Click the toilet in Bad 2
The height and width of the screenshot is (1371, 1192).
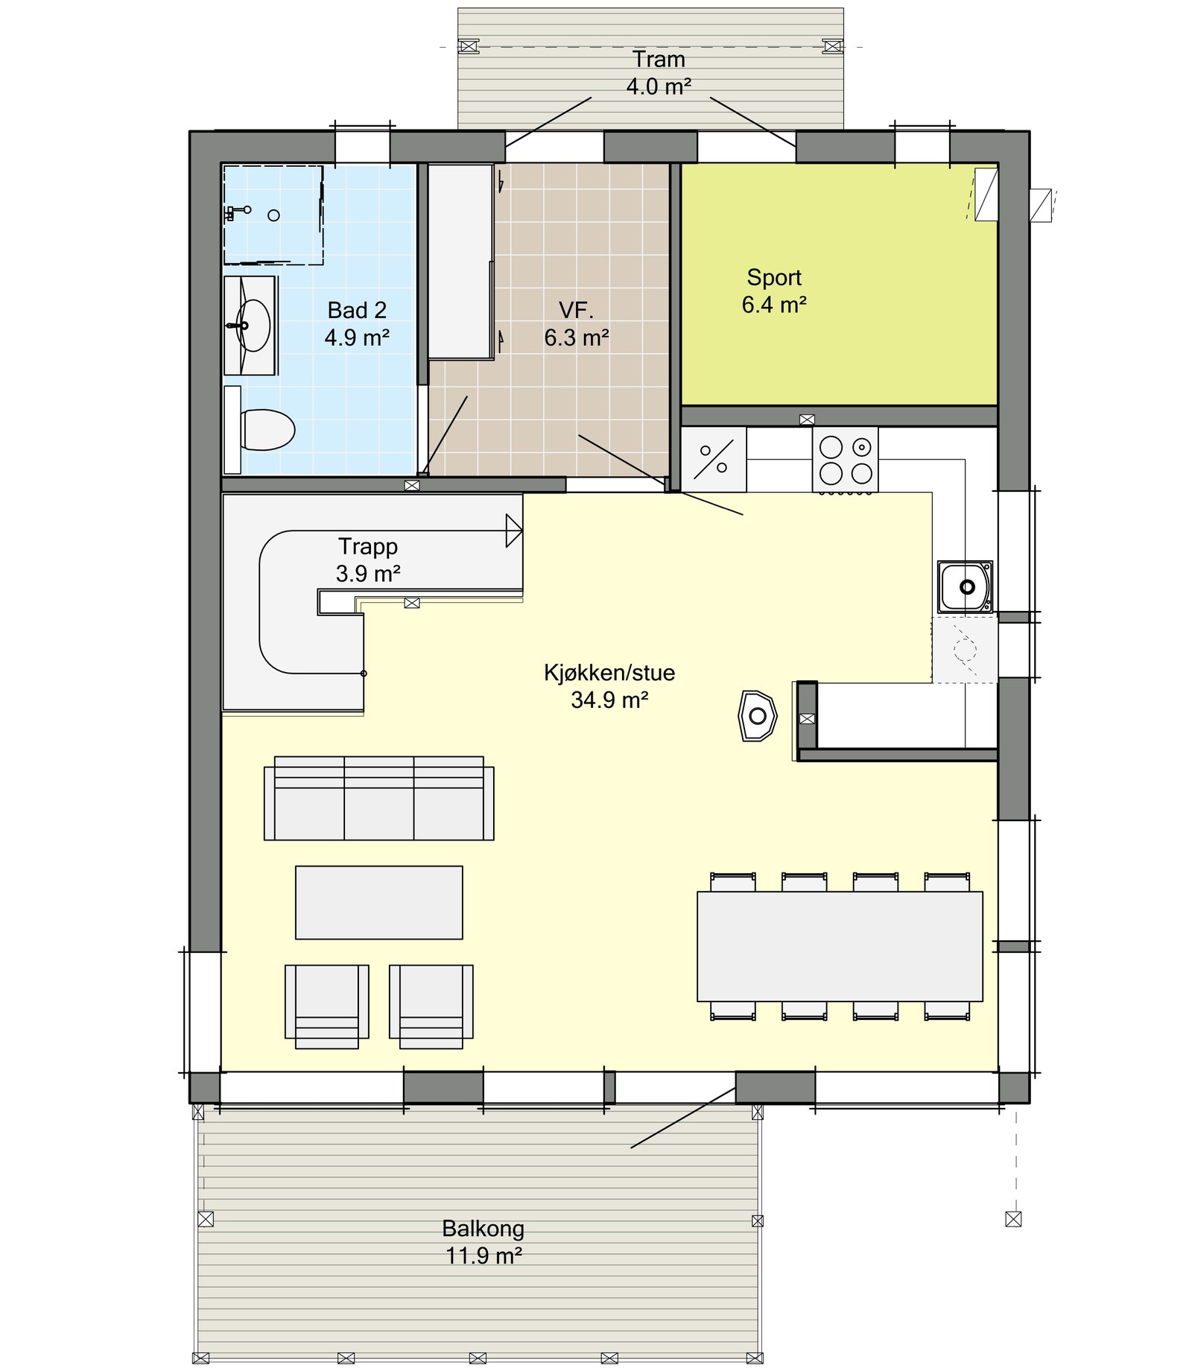click(x=266, y=430)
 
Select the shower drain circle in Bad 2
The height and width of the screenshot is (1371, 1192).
click(x=273, y=215)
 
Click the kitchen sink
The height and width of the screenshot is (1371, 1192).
click(x=965, y=587)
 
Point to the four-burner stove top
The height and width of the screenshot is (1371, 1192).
click(x=845, y=460)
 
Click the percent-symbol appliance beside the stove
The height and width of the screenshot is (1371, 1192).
click(x=713, y=460)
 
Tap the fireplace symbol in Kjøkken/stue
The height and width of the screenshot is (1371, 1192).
click(x=757, y=716)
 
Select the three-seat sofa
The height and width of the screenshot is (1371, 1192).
click(x=378, y=799)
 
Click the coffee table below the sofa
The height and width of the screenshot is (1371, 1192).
click(x=378, y=902)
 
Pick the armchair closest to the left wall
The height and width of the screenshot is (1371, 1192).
click(x=326, y=1006)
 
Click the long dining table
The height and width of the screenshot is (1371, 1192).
click(x=839, y=946)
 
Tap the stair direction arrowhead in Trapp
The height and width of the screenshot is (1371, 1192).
click(x=513, y=531)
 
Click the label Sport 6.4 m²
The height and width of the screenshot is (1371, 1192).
click(x=774, y=291)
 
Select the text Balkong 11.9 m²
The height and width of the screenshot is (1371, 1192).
click(x=483, y=1241)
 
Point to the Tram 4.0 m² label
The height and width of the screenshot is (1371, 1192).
click(x=658, y=73)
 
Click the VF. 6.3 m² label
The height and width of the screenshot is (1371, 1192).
click(x=576, y=324)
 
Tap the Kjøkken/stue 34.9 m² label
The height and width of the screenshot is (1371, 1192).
click(x=609, y=686)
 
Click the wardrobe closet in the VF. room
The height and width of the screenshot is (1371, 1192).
click(x=460, y=261)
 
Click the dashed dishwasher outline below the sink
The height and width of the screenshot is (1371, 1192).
click(x=964, y=649)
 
